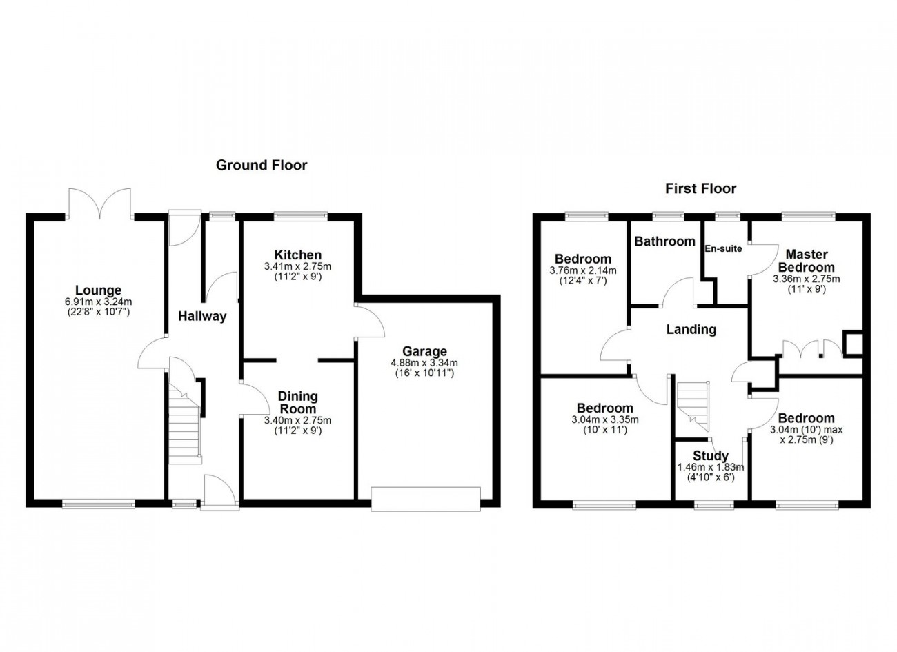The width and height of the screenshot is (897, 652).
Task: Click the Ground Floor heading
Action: pos(262,165)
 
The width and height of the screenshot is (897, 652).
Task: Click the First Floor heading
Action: pos(700,188)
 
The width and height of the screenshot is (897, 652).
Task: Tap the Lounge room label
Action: pos(98,291)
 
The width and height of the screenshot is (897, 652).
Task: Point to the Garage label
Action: pos(425,352)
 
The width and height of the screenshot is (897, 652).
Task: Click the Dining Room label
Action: pos(297,402)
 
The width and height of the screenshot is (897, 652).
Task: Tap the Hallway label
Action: pos(202,317)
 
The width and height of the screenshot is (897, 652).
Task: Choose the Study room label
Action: pos(711,456)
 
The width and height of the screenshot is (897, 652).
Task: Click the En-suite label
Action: pos(723,248)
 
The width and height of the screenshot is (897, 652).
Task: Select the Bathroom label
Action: pos(664,241)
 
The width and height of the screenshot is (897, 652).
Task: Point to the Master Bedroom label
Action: pos(805,261)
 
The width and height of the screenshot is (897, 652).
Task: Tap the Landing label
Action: pos(691,330)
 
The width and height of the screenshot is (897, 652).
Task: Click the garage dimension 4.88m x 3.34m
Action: pos(425,364)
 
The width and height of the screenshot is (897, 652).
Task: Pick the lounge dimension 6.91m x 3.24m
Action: pos(98,302)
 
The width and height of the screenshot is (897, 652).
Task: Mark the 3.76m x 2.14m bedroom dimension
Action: pos(583,270)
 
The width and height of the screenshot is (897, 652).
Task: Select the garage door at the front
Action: pos(425,498)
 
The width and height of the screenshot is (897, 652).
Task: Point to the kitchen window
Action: pos(300,216)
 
